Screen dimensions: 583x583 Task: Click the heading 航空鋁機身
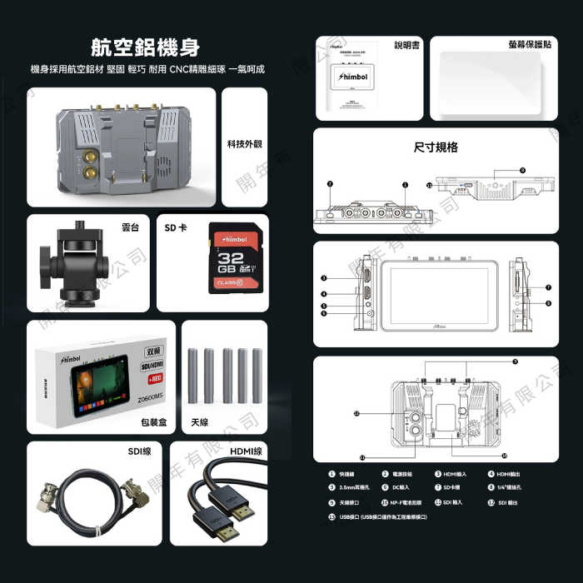[146, 46]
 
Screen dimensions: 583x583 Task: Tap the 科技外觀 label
[244, 144]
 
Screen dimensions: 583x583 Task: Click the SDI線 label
[139, 451]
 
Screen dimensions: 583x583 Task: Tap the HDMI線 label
[244, 451]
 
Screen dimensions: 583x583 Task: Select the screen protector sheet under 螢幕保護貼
[494, 82]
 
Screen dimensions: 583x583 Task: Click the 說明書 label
[408, 44]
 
